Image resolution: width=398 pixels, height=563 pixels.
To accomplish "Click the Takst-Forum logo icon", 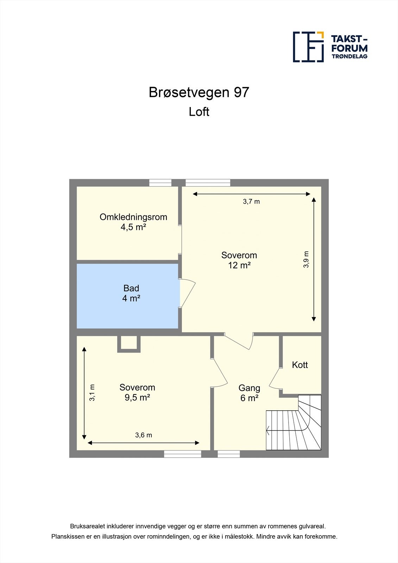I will tap(308, 47).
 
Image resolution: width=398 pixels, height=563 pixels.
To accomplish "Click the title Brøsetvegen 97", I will tap(199, 92).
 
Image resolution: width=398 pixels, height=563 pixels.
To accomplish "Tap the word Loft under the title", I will tap(199, 112).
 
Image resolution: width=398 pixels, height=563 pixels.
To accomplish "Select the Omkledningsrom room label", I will tap(133, 217).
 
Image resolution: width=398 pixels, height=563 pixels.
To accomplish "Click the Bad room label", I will tap(131, 289).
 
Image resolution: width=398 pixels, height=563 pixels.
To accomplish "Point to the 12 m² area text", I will tap(239, 265).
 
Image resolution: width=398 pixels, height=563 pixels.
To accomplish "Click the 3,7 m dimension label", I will tap(251, 202).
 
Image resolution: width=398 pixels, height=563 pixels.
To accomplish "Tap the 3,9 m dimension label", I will tap(306, 260).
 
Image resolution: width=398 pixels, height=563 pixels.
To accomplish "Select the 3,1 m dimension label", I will tap(92, 392).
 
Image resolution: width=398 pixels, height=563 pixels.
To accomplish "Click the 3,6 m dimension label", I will tap(144, 435).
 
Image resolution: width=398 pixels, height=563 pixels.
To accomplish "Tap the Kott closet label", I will tap(300, 365).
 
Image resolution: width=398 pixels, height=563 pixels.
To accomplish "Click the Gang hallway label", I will tap(249, 388).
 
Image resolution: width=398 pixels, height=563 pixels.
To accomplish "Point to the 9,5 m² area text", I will tap(137, 398).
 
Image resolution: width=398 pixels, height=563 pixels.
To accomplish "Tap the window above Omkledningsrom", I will tap(160, 183).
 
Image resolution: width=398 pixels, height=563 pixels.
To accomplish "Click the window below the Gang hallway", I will tap(229, 454).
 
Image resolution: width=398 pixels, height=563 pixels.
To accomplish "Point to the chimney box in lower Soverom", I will tap(129, 343).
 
